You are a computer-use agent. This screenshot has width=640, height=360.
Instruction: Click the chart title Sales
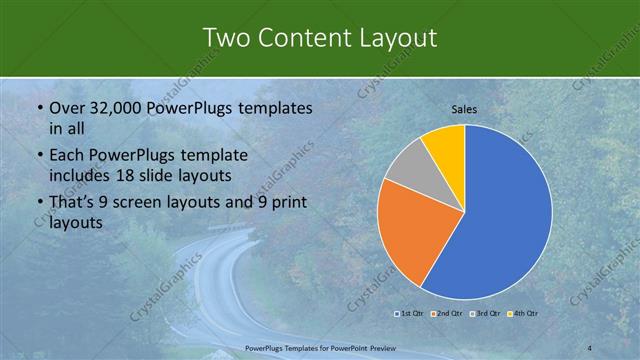click(x=463, y=108)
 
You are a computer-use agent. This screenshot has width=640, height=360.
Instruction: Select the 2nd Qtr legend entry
click(x=447, y=314)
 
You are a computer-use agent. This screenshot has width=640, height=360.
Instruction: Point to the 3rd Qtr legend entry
click(x=485, y=314)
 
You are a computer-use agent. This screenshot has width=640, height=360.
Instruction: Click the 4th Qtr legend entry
click(x=523, y=314)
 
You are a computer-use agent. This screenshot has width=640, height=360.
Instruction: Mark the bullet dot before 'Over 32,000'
click(x=38, y=108)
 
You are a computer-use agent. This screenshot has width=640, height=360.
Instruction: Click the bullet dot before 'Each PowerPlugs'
click(x=38, y=156)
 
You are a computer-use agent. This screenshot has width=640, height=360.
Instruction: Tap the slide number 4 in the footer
click(x=590, y=347)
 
